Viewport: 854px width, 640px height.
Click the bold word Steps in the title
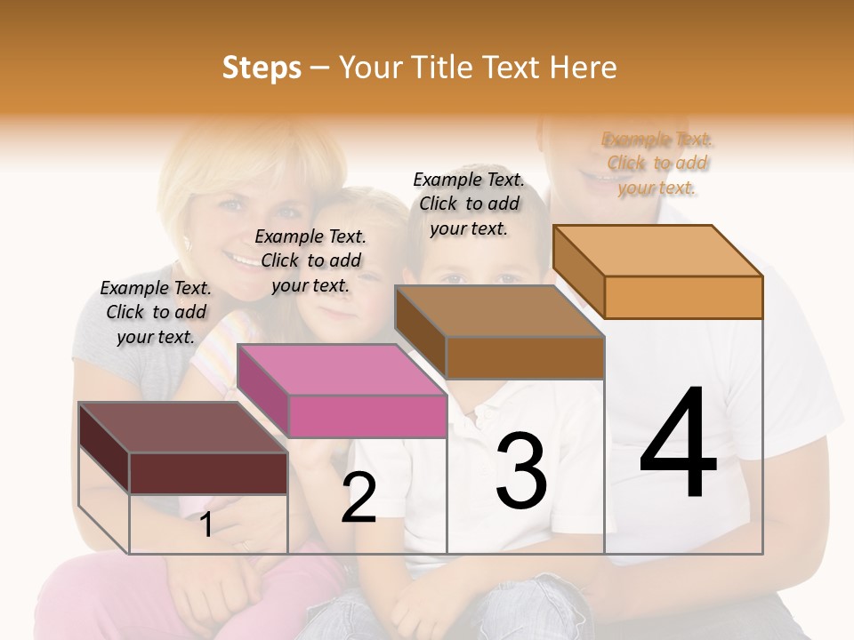262,68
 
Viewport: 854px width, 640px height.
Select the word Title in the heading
444,68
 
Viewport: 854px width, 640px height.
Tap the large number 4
678,444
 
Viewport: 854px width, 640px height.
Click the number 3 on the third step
521,471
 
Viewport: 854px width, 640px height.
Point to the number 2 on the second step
359,498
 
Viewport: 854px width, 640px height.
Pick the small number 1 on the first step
205,524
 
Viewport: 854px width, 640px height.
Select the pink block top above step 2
342,369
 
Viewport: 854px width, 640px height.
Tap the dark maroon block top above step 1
182,428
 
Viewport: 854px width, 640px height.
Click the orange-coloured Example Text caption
657,164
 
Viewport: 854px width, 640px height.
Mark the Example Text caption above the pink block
310,260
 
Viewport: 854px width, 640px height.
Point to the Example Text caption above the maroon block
156,312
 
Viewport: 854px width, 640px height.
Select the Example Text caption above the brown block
469,204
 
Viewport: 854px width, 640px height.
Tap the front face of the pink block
367,416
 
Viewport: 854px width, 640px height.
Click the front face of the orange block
683,297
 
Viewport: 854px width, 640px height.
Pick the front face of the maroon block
208,473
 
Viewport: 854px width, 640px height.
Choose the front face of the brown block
525,357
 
